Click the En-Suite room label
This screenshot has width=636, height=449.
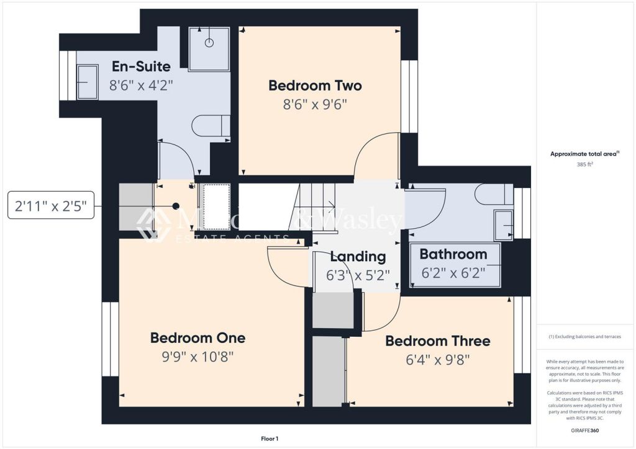[141, 67]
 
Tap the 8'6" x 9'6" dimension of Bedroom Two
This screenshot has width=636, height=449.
[314, 105]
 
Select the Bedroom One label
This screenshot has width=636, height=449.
[198, 338]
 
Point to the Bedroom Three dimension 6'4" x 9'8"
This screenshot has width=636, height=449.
[437, 359]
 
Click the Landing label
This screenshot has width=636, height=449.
[358, 256]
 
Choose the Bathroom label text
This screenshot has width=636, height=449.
[453, 254]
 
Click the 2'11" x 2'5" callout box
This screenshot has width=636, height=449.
[51, 206]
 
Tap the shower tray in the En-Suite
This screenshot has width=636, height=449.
[209, 48]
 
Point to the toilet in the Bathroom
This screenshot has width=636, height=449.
[494, 195]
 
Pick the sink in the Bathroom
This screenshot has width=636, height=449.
[503, 225]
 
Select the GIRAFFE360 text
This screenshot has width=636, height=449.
[586, 430]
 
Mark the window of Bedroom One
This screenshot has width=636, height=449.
[110, 339]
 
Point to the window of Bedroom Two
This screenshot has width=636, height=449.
[409, 96]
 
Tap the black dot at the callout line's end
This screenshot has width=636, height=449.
[176, 206]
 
